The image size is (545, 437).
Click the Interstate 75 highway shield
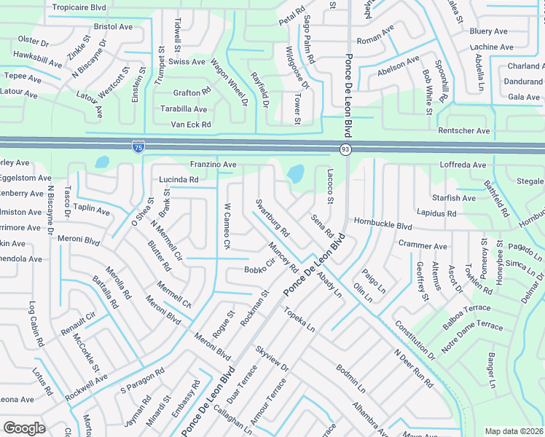[138, 148]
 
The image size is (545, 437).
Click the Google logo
[24, 428]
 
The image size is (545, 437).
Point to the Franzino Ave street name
[213, 165]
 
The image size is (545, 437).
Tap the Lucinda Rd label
[179, 179]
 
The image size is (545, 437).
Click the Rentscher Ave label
[463, 130]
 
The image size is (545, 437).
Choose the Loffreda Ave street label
[463, 165]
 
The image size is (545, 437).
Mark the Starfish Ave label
[453, 198]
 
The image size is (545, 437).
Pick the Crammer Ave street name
[423, 246]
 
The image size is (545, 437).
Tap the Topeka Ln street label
[299, 318]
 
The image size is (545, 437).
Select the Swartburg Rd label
[272, 219]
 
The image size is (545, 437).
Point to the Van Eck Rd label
[191, 125]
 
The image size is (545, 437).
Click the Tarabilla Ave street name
[184, 109]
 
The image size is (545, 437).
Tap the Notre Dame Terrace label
[472, 336]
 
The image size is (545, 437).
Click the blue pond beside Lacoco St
[296, 174]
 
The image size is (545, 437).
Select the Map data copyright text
[514, 431]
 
